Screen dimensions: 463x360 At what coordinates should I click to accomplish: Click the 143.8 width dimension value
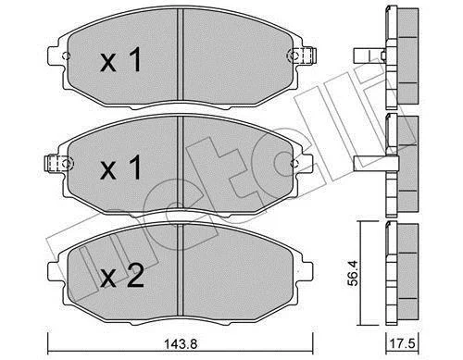click(x=181, y=343)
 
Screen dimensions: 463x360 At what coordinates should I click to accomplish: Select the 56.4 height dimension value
click(x=353, y=273)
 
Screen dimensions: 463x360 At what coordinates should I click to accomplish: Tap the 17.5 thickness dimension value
click(x=402, y=343)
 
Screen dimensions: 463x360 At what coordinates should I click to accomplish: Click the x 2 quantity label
click(x=122, y=277)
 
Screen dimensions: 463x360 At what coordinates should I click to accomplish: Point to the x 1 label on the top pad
click(x=121, y=60)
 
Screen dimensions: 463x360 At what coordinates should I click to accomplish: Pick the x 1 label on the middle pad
click(x=121, y=168)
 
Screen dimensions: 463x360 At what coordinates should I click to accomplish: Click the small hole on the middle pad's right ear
click(x=294, y=164)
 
